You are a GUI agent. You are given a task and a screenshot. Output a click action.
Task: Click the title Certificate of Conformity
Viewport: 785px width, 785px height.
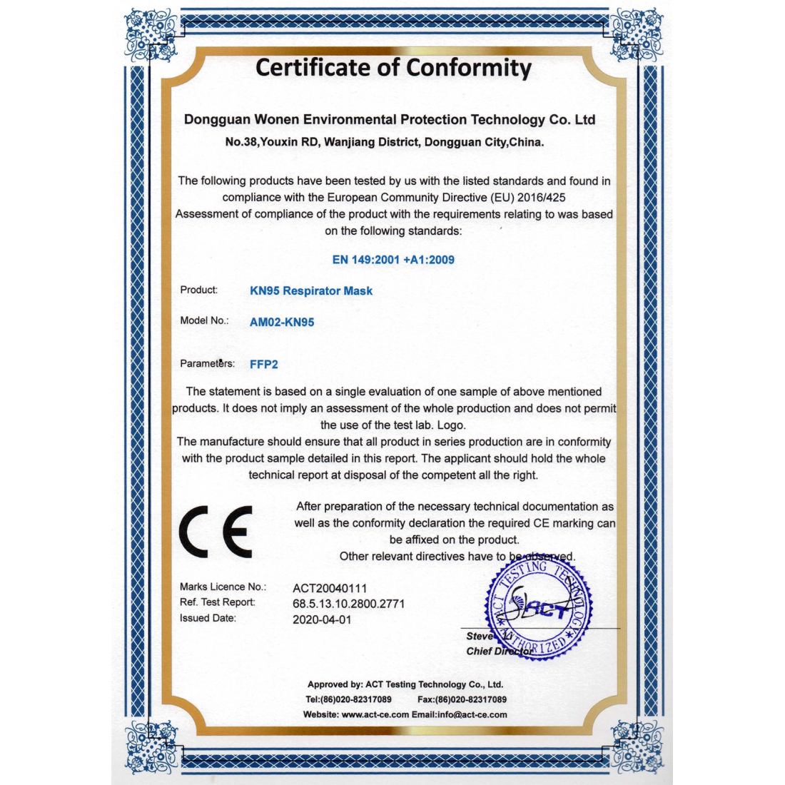393,68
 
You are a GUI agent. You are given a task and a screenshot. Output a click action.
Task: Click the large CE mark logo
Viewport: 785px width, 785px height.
216,532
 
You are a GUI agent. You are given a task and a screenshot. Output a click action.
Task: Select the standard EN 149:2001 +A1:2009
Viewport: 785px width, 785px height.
393,260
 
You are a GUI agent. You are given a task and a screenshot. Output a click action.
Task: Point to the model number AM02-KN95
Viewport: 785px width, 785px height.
282,322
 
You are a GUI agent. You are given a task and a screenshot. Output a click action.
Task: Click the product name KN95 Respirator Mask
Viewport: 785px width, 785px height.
311,290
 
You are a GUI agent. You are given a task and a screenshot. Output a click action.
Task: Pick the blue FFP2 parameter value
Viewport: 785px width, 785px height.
264,364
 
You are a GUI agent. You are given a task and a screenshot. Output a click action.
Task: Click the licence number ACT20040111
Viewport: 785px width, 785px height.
330,588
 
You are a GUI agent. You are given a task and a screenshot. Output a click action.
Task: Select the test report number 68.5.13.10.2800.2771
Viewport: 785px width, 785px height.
348,604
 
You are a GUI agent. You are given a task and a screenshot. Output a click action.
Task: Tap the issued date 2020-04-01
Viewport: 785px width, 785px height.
322,619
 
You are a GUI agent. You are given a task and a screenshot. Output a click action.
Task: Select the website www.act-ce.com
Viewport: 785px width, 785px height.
375,714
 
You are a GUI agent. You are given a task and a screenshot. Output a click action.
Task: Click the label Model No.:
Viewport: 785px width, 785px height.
204,320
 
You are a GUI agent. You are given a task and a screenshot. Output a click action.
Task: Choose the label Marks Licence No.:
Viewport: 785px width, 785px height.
223,587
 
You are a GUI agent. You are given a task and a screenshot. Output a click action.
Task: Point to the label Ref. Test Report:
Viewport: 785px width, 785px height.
218,602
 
